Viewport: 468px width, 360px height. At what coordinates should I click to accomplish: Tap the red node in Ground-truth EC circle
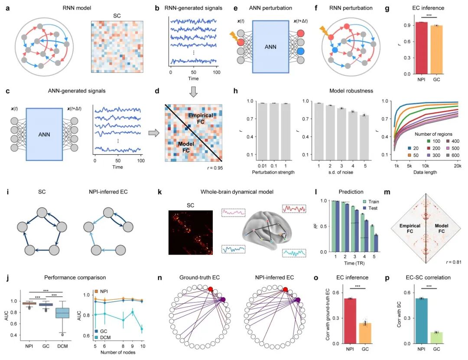coord(210,289)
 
